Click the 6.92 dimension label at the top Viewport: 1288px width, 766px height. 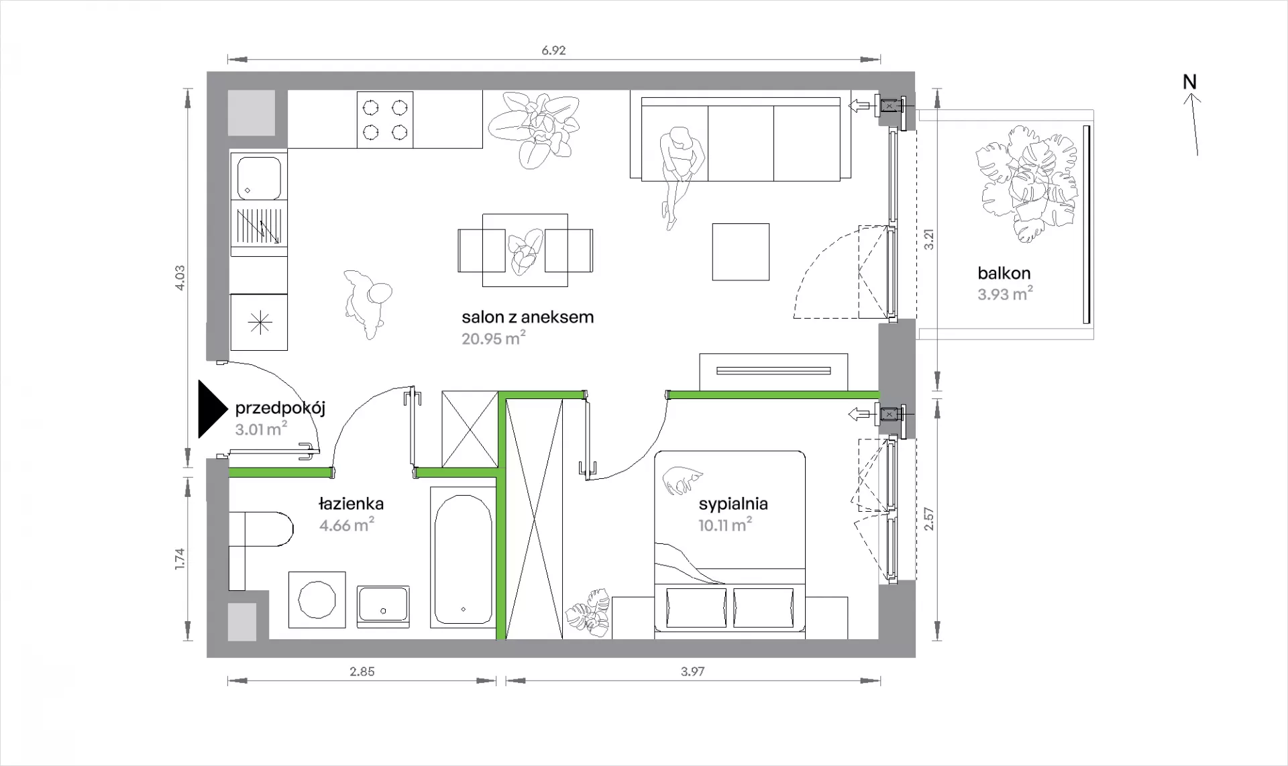click(554, 51)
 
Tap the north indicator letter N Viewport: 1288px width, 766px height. click(1189, 82)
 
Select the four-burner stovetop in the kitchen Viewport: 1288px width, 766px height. click(385, 119)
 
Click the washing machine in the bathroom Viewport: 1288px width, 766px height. click(317, 600)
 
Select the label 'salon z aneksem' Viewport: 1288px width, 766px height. click(528, 317)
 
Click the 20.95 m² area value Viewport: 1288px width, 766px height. click(493, 338)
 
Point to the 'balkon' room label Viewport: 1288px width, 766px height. click(1004, 273)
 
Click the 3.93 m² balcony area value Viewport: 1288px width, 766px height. click(1005, 294)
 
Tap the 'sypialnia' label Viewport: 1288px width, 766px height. click(733, 504)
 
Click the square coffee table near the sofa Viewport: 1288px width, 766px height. click(741, 252)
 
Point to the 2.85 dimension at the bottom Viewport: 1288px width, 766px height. click(362, 671)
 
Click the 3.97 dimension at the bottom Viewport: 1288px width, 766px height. click(692, 671)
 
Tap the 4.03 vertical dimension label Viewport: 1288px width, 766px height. click(179, 278)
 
